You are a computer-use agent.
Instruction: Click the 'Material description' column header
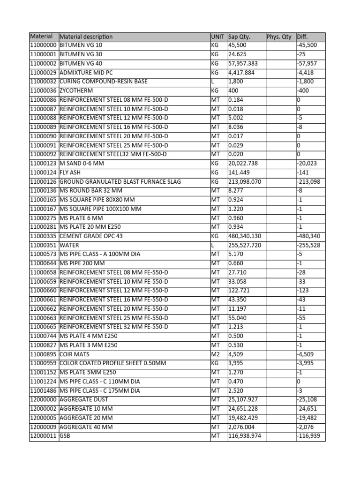tap(86, 37)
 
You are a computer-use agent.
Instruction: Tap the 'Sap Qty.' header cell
tap(239, 37)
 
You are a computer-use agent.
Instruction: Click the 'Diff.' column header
tap(303, 37)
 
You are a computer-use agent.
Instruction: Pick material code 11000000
tap(43, 45)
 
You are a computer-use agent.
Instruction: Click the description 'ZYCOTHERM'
tap(76, 91)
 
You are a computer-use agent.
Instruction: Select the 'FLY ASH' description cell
tap(72, 172)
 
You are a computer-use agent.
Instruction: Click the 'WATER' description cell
tap(69, 245)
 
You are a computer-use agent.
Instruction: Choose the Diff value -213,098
tap(308, 182)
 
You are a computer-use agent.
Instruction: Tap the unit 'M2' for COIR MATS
tap(215, 354)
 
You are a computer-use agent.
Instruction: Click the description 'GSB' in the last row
tap(65, 436)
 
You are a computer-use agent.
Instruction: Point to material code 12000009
tap(43, 427)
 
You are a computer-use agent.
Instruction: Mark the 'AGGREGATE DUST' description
tap(84, 400)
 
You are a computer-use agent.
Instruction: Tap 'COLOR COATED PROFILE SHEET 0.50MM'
tap(113, 363)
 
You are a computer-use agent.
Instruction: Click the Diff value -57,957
tap(307, 64)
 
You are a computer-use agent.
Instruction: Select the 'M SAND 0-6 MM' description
tap(82, 164)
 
